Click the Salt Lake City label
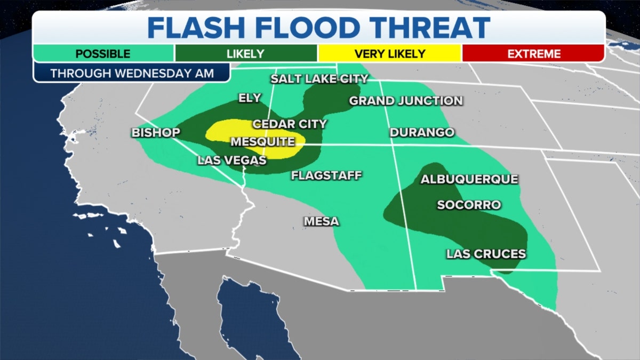point(319,79)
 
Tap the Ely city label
point(250,98)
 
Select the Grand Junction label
point(405,101)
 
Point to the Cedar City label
point(289,124)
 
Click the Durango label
point(422,132)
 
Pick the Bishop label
point(156,133)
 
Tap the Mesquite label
point(262,142)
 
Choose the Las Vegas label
point(231,160)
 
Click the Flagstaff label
point(326,175)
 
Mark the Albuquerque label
point(469,179)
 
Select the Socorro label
point(468,205)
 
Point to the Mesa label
point(321,221)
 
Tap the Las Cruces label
point(486,254)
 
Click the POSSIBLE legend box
point(103,54)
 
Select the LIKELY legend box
point(246,54)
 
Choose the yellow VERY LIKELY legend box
point(390,54)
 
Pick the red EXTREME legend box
point(533,54)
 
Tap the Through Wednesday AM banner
point(132,73)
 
